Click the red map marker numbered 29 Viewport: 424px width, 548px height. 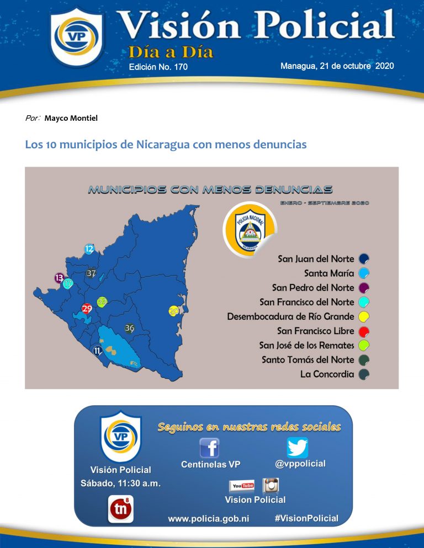click(87, 308)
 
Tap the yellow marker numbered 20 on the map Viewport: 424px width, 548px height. click(174, 311)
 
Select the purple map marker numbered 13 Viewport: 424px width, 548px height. click(59, 277)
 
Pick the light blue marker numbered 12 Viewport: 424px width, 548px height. click(89, 249)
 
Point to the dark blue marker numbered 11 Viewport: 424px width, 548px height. click(98, 350)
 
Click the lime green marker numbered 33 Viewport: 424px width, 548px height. click(102, 302)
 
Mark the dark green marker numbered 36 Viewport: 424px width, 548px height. click(130, 328)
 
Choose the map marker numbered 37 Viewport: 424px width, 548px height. click(92, 273)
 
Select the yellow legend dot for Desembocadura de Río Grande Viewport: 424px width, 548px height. click(364, 316)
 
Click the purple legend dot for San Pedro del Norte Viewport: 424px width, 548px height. click(364, 288)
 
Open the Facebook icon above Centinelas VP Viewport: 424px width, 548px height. click(209, 447)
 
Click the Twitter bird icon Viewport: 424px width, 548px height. click(298, 447)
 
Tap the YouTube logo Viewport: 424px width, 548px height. click(242, 485)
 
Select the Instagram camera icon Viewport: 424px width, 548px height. click(270, 485)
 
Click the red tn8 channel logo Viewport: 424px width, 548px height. click(120, 509)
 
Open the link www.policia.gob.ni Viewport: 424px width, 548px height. click(209, 519)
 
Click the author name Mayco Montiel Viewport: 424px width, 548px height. click(67, 118)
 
